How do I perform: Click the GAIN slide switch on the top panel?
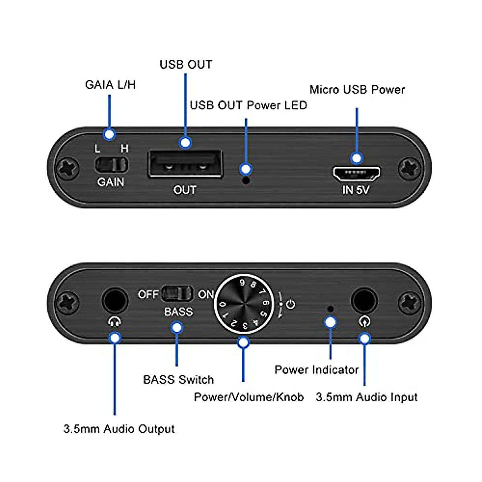(111, 165)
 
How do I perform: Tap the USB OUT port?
(185, 164)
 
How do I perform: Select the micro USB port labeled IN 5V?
(356, 173)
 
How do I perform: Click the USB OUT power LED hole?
(247, 180)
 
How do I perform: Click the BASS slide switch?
(177, 294)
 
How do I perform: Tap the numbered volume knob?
(243, 304)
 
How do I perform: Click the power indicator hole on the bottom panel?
(330, 309)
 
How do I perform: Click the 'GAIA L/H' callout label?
(110, 85)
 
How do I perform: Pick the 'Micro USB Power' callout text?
(357, 90)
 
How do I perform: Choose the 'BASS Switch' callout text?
(178, 380)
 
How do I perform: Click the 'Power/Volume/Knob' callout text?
(248, 397)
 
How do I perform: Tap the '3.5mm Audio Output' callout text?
(119, 429)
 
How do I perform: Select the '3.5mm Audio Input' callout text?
(366, 397)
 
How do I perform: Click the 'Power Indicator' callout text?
(317, 370)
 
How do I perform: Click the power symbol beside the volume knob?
(290, 304)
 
